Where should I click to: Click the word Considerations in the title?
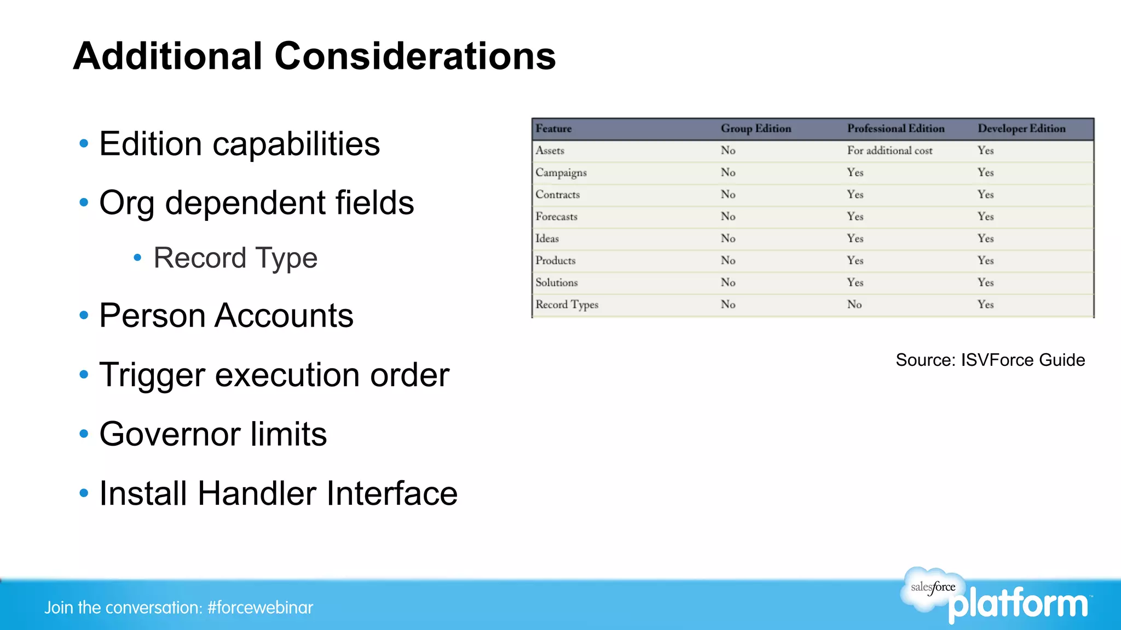click(414, 56)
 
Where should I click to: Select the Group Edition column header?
click(755, 129)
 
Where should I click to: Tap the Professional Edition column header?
click(895, 129)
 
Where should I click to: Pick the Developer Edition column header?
click(1021, 129)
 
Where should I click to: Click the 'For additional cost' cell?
click(889, 150)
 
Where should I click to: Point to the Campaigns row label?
click(561, 173)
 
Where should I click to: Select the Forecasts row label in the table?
click(556, 217)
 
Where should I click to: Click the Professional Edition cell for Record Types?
click(854, 305)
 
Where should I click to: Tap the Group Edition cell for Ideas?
click(727, 238)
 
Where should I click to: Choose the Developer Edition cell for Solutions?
click(985, 283)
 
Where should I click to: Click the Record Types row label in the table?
click(567, 305)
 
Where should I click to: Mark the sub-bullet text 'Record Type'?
click(235, 258)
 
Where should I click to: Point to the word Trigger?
click(152, 376)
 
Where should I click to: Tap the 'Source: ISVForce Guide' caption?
click(990, 360)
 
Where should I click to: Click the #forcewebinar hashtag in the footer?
click(260, 608)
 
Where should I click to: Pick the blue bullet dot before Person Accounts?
click(84, 316)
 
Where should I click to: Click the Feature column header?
click(553, 129)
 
